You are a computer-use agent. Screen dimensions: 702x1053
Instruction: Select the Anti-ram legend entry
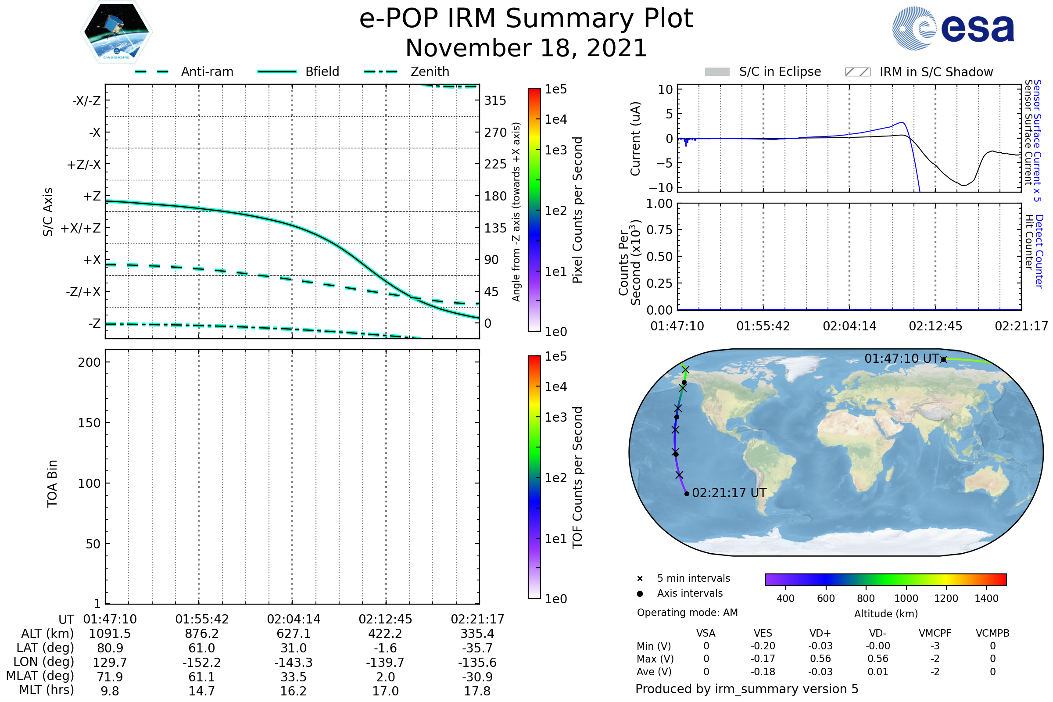tap(207, 72)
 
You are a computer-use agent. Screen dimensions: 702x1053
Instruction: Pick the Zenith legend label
tap(430, 72)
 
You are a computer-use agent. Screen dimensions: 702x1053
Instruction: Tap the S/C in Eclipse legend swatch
tap(717, 72)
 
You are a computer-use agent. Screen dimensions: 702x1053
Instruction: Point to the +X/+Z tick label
tap(81, 228)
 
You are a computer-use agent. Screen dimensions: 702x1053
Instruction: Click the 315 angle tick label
tap(495, 101)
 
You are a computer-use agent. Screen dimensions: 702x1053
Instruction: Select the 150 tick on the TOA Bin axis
tap(89, 423)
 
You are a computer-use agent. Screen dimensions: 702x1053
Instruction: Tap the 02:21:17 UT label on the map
tap(729, 493)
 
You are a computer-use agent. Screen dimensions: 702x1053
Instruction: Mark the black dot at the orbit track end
tap(687, 494)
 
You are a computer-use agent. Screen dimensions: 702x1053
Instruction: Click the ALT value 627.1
tap(293, 634)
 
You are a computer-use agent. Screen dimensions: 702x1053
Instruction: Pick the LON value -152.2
tap(201, 663)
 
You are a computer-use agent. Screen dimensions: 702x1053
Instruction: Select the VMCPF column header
tap(935, 634)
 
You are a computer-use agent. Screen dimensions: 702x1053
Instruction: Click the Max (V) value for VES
tap(763, 659)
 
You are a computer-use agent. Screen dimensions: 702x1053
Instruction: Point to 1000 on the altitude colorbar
tap(906, 598)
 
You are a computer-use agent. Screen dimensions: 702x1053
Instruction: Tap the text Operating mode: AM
tap(687, 612)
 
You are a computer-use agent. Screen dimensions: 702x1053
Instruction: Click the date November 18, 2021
tap(526, 48)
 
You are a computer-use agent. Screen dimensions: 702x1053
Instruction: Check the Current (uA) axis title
tap(636, 139)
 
